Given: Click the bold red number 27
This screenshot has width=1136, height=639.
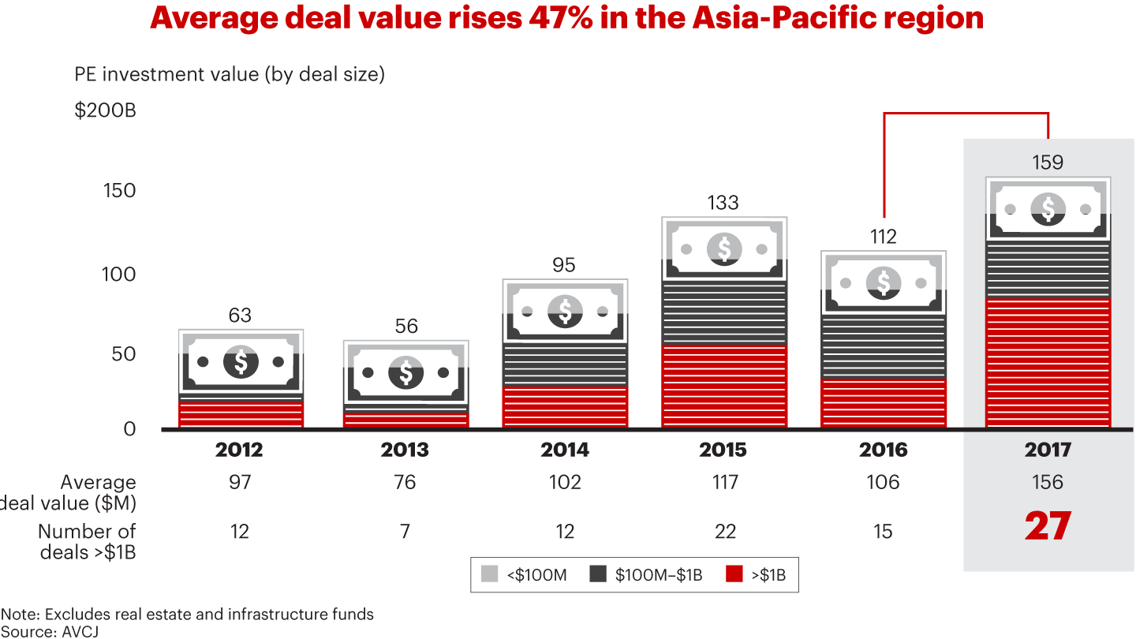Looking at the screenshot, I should pos(1048,527).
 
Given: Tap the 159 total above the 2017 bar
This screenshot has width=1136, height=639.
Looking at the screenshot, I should pos(1048,163).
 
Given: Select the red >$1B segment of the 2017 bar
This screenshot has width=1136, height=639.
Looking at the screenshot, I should pos(1048,363).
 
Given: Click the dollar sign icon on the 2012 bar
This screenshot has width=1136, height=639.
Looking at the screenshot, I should pos(241,362).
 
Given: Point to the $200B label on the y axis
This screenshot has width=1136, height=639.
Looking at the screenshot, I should pos(105,110).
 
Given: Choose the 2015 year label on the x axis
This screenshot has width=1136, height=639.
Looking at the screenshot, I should pos(723,450).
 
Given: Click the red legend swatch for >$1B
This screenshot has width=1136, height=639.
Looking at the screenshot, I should pos(733,575).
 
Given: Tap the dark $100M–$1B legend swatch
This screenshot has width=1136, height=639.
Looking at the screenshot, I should pos(598,575).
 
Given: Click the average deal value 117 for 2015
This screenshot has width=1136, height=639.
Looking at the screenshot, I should pos(724,482).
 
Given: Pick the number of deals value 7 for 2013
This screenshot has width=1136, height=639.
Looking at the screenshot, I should pos(405,532).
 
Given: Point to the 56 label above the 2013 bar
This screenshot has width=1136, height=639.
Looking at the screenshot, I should pos(406,326).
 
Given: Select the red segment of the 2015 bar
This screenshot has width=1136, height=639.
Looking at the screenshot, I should pos(724,387).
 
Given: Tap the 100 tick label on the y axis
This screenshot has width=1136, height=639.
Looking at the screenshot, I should pos(119,274).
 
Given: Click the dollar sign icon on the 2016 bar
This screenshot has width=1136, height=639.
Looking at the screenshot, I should pos(884,282).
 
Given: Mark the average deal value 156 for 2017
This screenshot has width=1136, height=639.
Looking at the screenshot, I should pos(1048,482).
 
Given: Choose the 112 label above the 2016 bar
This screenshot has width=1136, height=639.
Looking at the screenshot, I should pos(884,237).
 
